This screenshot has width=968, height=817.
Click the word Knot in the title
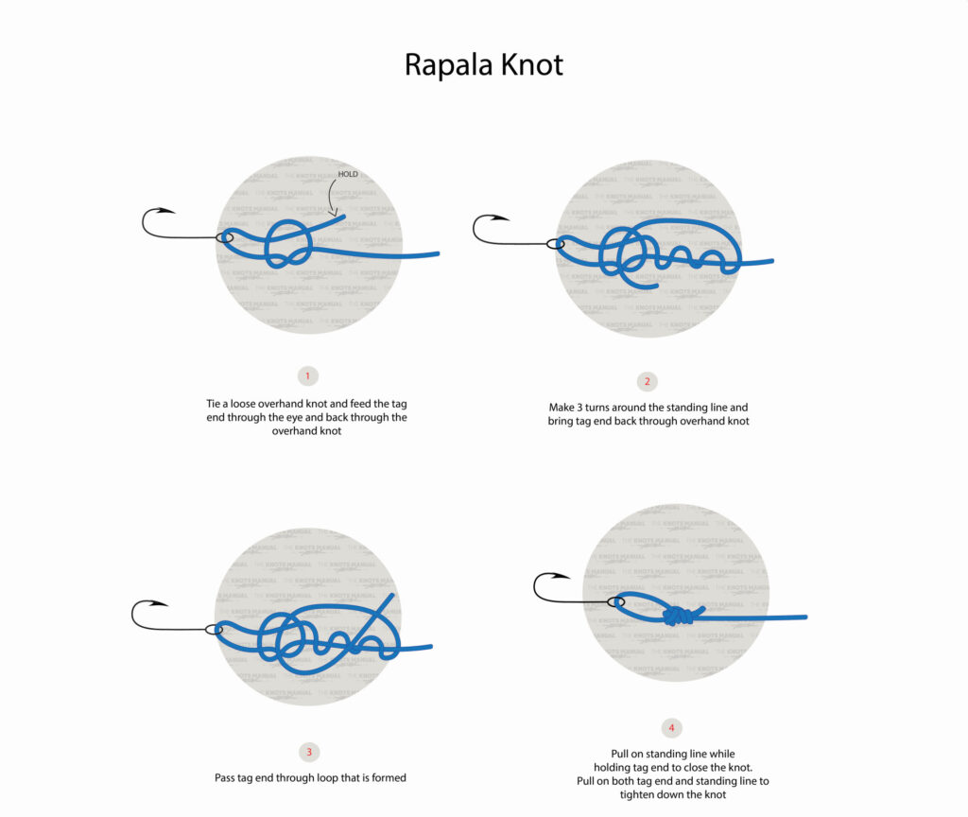click(x=531, y=64)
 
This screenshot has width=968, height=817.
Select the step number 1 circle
click(x=308, y=376)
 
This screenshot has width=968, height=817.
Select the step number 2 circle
click(x=648, y=382)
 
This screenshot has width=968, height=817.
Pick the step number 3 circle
click(x=309, y=753)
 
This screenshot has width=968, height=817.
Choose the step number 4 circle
click(x=672, y=728)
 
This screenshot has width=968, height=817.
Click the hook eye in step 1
click(x=224, y=237)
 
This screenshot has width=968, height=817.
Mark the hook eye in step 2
click(x=556, y=244)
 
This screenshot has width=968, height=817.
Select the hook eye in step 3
click(x=214, y=629)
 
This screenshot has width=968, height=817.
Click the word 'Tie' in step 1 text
click(x=215, y=403)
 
